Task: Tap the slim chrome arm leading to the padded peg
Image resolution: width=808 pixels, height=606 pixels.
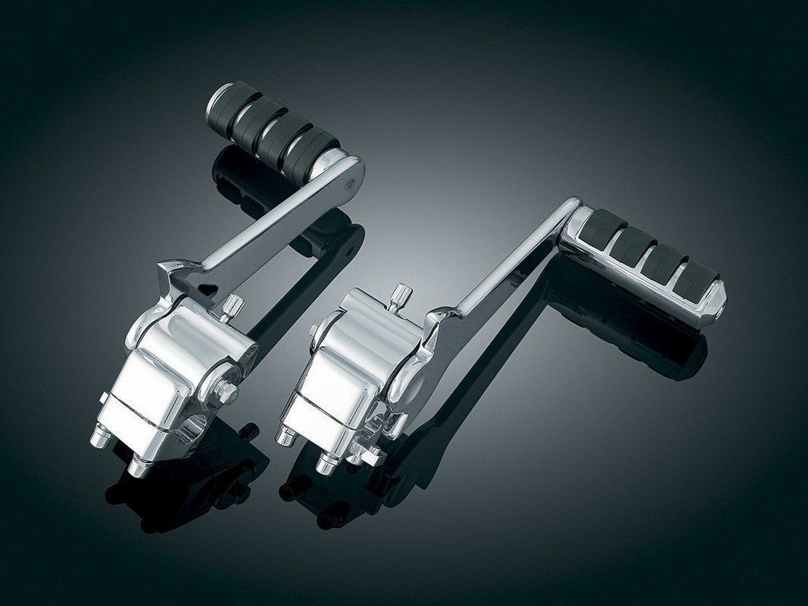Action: click(x=507, y=261)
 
